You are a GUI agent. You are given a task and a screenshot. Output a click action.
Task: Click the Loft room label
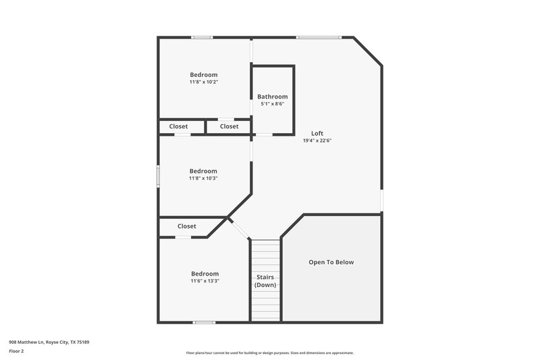317,133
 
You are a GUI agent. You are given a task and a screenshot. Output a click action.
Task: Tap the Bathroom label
272,97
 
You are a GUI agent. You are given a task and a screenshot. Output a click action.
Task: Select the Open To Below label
331,262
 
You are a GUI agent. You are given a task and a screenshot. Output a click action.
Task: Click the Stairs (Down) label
265,281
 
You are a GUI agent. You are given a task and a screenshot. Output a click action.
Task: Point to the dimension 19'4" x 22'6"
317,140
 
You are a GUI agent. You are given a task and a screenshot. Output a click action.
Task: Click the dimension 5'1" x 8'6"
272,104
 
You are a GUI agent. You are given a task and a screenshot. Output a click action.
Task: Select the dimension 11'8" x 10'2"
203,82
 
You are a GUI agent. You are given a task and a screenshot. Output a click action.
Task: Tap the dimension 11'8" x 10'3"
203,178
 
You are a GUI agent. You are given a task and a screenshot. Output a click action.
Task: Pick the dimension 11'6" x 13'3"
205,281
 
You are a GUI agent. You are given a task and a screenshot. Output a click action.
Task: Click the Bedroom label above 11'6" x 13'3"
205,274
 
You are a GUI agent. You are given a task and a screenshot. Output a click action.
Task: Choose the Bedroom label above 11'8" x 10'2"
203,74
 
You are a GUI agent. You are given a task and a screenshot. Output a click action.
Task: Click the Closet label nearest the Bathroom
229,126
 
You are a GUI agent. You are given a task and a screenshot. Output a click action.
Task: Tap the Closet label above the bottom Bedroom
187,226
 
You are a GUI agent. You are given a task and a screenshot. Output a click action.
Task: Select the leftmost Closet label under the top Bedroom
178,126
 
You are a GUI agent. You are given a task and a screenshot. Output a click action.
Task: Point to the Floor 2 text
16,351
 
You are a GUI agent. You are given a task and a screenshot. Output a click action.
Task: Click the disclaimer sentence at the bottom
269,353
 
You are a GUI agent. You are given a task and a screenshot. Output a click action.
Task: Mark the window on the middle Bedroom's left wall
159,176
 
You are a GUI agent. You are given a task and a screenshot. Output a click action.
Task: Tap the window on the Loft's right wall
381,200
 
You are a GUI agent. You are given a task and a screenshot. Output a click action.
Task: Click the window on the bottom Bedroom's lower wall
204,322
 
